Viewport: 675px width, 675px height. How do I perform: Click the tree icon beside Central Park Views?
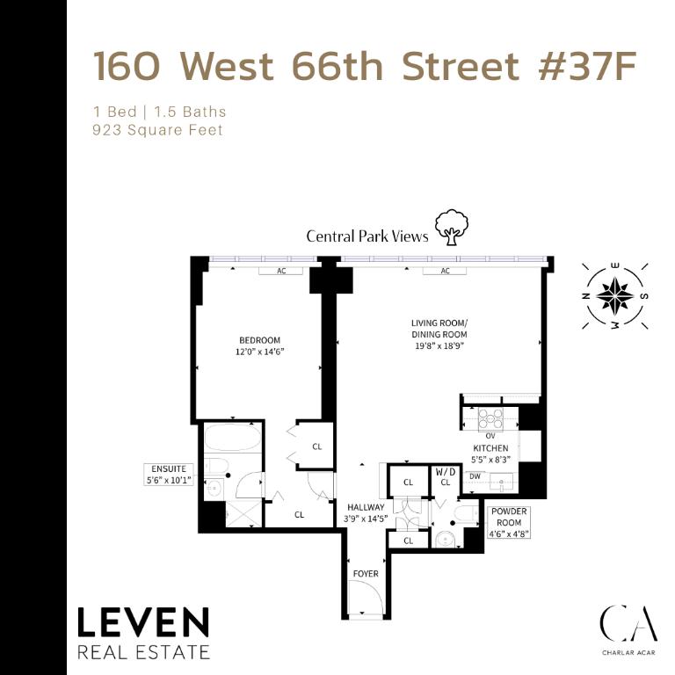(x=452, y=227)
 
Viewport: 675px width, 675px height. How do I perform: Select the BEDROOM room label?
(x=259, y=340)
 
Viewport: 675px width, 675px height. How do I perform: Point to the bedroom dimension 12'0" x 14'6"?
(x=259, y=352)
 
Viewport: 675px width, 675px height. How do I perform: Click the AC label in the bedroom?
(x=282, y=271)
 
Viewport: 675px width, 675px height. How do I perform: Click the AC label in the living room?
(x=446, y=271)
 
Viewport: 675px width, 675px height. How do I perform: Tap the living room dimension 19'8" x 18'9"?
(x=439, y=346)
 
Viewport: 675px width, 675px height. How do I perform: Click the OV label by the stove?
(x=490, y=435)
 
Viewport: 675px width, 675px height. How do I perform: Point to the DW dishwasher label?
(x=475, y=476)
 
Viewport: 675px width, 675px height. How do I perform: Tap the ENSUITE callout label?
(x=168, y=475)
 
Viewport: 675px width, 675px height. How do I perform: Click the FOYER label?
(x=366, y=574)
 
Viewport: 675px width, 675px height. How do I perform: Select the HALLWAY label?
(x=366, y=507)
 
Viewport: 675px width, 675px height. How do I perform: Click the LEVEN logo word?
(x=143, y=623)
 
